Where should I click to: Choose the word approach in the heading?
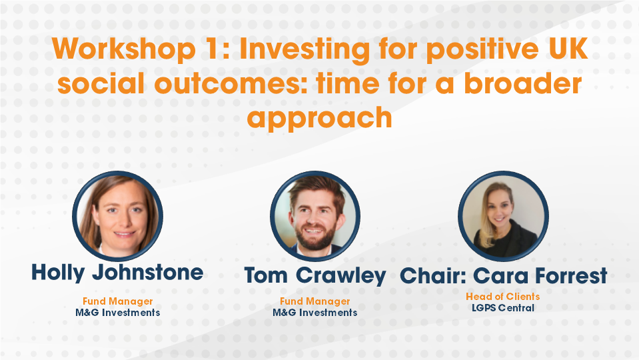319,118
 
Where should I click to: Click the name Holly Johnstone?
117,272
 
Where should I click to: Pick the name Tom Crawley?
315,275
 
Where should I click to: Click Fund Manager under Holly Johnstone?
117,301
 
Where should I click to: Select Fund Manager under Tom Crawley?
315,301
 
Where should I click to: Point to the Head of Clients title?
502,297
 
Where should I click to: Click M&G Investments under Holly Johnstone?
117,312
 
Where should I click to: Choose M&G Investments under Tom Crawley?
315,312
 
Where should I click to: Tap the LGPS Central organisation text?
502,307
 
